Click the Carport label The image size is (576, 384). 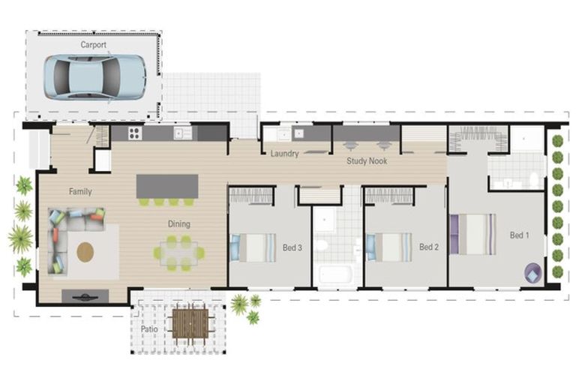coord(93,45)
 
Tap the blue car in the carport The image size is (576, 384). coord(95,77)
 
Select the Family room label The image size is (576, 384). coord(80,191)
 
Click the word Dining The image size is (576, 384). coord(179,223)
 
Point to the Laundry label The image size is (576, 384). coord(285,154)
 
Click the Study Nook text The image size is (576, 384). coord(367,160)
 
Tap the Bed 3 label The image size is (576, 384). coord(292,247)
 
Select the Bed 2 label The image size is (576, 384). coord(429,247)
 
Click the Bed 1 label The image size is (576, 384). coord(520,235)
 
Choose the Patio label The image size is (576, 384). coord(149,329)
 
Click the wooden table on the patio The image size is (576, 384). coord(190,324)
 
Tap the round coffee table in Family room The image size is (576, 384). coord(85,252)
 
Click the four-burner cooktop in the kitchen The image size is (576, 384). coord(135,133)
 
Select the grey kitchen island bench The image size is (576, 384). coord(167,186)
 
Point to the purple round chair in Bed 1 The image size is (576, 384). coord(533,273)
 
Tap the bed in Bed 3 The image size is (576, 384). coord(253,247)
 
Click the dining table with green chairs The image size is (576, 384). coord(179,253)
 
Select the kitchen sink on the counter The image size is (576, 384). coord(182,133)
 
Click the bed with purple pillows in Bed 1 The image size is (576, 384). coord(473,234)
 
